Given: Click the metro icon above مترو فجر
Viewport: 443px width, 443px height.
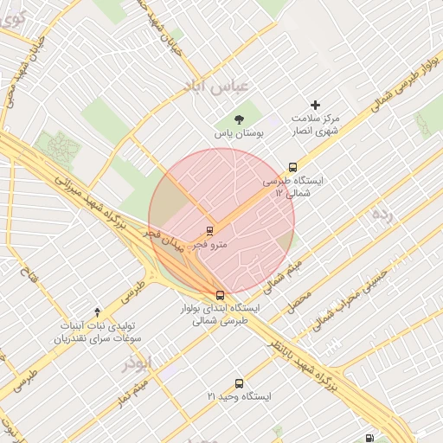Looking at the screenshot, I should coord(209,230).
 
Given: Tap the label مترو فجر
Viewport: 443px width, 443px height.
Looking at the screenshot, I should coord(209,245).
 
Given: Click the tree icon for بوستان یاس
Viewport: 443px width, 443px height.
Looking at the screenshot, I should coord(239,119).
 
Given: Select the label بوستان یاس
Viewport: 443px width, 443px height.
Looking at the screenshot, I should coord(239,134).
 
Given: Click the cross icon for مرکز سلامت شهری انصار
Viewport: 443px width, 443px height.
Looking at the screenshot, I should coord(315,104).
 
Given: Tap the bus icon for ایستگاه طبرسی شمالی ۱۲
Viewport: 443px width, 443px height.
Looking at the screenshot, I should coord(292,167).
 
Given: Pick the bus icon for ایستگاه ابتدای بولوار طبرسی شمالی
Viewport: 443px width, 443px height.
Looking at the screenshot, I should coord(220,294).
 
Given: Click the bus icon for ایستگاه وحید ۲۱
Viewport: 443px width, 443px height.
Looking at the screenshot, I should coord(239,382).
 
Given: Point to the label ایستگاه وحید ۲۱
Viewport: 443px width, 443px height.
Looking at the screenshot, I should coord(239,396).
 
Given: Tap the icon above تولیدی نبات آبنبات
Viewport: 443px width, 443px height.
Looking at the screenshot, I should coord(97,311).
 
